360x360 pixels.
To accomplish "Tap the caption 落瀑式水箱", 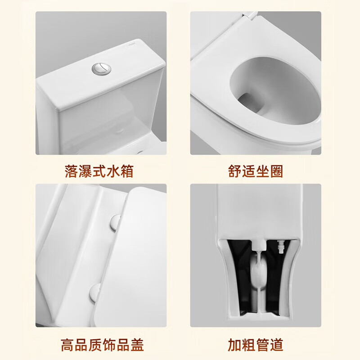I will [99, 171].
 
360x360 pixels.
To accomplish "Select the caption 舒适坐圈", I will [255, 171].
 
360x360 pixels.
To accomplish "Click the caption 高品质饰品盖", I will [102, 345].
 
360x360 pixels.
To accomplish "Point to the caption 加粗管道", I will [255, 345].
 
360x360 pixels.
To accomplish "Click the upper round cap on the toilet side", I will [115, 222].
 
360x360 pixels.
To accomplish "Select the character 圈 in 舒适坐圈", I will [276, 171].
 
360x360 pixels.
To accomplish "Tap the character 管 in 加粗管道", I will [262, 345].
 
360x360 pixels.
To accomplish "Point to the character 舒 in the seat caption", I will [234, 171].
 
